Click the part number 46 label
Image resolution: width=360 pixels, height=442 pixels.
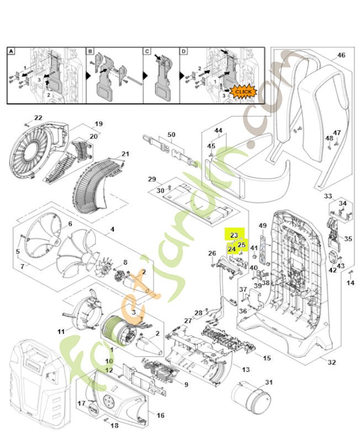(x=341, y=55)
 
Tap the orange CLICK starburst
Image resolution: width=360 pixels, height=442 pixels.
(x=242, y=91)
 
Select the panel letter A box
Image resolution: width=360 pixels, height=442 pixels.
(x=11, y=51)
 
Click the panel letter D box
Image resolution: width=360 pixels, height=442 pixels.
(x=184, y=51)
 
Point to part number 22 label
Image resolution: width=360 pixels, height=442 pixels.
(x=38, y=118)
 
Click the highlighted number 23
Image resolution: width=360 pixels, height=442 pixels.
(x=234, y=235)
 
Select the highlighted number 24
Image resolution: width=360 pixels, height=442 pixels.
(x=232, y=249)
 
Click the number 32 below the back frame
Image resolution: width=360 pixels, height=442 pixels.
(x=331, y=362)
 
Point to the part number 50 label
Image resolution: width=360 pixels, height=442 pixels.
(x=171, y=135)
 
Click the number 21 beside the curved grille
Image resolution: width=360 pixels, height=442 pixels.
(x=125, y=154)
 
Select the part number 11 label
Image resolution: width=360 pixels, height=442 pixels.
(x=61, y=331)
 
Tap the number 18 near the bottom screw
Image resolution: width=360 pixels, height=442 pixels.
(x=114, y=425)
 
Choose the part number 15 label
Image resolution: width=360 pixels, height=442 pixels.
(x=267, y=358)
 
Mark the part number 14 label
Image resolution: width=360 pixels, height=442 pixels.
(x=350, y=283)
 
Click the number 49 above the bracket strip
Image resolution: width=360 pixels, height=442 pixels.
(x=263, y=225)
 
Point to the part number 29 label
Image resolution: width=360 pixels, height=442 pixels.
(x=152, y=179)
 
